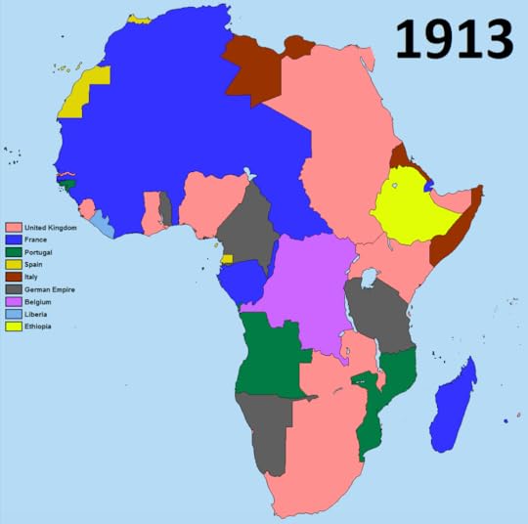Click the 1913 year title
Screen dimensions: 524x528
coord(455,41)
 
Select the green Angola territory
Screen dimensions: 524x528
coord(269,357)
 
